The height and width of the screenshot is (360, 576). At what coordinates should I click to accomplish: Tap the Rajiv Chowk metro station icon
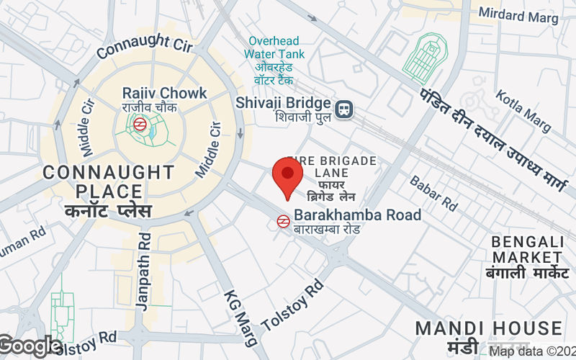coord(141,123)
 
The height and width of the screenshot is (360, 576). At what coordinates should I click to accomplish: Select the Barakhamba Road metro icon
coord(284,221)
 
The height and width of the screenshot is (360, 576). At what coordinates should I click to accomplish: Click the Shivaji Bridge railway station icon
coord(345,109)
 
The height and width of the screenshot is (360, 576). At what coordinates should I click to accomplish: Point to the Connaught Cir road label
coord(145,44)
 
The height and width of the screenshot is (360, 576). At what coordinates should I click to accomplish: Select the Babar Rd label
coord(433,193)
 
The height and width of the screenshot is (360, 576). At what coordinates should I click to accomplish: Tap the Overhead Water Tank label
coord(274,48)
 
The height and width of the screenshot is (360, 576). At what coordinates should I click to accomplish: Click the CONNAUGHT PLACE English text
coord(108,182)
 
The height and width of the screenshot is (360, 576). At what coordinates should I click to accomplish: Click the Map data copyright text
coord(531,352)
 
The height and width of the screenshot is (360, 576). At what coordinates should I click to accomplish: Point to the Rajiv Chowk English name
coord(164,93)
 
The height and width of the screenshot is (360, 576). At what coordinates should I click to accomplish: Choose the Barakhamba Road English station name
coord(357,215)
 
